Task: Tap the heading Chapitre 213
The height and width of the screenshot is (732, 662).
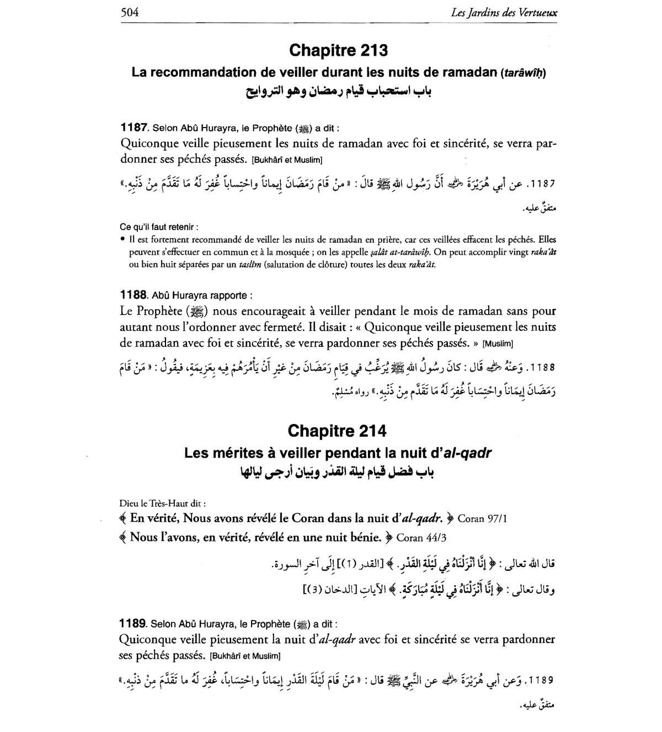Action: [x=338, y=50]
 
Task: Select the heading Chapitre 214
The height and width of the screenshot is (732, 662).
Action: [x=337, y=430]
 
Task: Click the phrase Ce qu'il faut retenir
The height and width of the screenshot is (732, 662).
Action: [x=159, y=227]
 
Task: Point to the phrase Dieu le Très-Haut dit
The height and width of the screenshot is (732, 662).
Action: [x=163, y=503]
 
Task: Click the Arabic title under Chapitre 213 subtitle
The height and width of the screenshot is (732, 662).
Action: [x=338, y=91]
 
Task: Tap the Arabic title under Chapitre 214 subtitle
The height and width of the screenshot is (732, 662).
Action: [x=337, y=472]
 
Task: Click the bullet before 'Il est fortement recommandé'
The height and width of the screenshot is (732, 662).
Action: [x=122, y=240]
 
